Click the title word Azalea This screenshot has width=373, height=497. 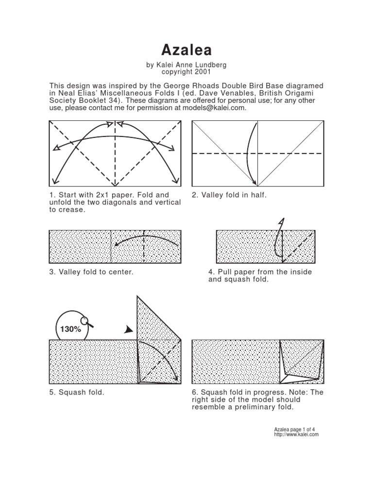click(186, 50)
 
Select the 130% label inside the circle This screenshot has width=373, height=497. click(70, 329)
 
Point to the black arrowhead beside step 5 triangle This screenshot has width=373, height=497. click(128, 330)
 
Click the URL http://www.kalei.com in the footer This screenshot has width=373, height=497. click(296, 434)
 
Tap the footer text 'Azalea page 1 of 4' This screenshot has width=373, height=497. click(295, 430)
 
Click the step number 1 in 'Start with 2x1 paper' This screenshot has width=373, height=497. click(51, 195)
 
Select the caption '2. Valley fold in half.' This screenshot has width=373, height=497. click(229, 195)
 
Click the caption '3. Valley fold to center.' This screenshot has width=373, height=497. click(91, 272)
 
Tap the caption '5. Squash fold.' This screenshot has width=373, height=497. click(77, 392)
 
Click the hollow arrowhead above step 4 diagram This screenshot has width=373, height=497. click(281, 222)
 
